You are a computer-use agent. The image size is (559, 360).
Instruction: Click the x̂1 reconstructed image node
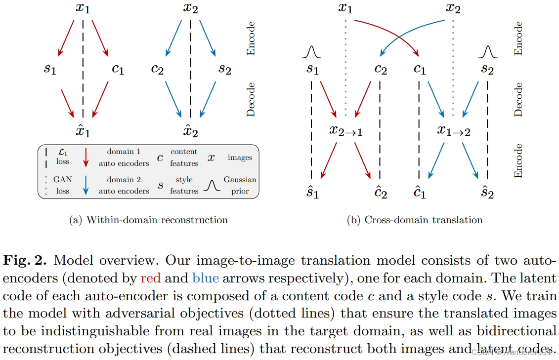[x=83, y=131]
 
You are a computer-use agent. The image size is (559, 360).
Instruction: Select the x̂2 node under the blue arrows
[x=190, y=131]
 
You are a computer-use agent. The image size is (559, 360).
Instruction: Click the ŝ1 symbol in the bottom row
[x=312, y=192]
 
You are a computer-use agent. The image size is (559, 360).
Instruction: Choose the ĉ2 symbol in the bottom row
[x=380, y=192]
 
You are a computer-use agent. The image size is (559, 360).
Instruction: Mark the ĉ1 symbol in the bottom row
[x=419, y=192]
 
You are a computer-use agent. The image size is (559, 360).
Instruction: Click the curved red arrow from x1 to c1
[x=390, y=33]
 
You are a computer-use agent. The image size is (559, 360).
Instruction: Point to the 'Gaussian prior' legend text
[x=240, y=185]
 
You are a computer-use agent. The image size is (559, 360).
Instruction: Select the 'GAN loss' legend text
[x=63, y=185]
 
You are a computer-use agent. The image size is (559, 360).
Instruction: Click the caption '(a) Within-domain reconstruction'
[x=148, y=220]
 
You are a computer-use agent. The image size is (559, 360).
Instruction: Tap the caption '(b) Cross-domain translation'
[x=415, y=220]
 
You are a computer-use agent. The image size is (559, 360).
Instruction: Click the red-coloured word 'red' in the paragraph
[x=151, y=278]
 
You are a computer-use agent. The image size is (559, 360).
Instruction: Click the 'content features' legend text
[x=184, y=158]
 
